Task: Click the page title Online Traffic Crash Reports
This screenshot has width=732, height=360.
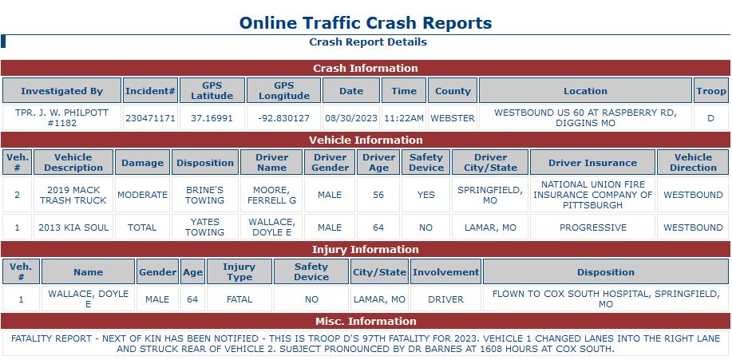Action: point(366,22)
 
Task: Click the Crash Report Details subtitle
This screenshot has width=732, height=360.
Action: point(367,42)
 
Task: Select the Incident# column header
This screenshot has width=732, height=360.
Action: point(150,91)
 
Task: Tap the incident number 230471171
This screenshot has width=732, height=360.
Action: point(150,118)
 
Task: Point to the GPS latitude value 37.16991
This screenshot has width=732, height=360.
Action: point(212,118)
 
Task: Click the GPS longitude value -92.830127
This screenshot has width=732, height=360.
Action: point(283,118)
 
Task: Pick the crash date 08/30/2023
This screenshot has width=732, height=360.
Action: point(350,118)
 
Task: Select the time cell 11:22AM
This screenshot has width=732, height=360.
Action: point(403,118)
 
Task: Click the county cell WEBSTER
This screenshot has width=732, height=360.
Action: point(453,118)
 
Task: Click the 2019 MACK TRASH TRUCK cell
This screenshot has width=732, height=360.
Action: point(73,195)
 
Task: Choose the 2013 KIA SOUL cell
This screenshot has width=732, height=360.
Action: point(73,227)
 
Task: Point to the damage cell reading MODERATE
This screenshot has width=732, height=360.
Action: point(142,195)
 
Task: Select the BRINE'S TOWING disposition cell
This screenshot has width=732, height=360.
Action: point(204,195)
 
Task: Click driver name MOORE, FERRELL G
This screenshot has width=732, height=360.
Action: point(271,195)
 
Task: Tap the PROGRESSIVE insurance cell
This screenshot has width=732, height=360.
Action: point(592,227)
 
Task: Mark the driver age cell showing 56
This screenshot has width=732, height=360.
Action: point(378,195)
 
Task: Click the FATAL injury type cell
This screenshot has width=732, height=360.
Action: point(239,299)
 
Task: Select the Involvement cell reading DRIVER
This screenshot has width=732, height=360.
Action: point(445,299)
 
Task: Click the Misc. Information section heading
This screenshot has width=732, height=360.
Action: point(365,322)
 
